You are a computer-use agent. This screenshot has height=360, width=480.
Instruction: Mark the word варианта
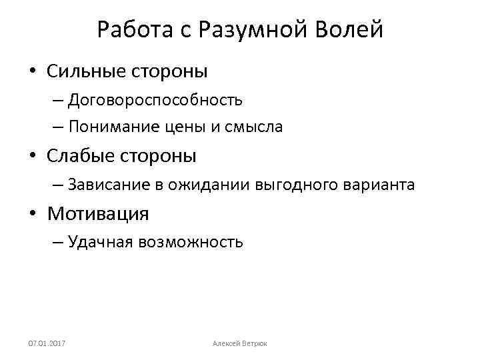(x=377, y=185)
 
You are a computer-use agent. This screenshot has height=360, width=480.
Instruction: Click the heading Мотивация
(x=98, y=214)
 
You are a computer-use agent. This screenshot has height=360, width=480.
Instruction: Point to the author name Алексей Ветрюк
(x=239, y=343)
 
